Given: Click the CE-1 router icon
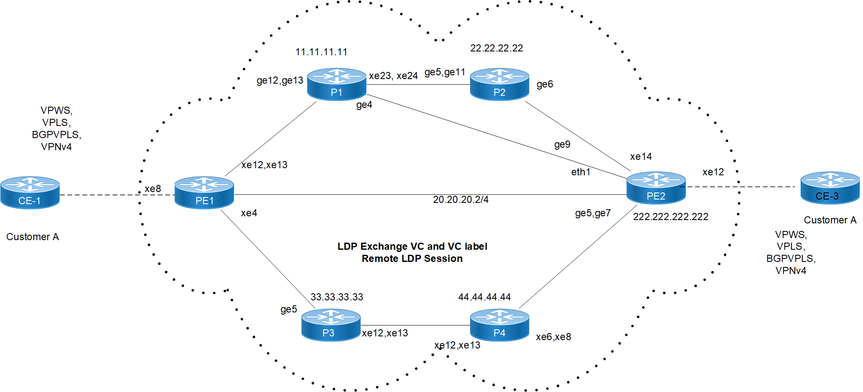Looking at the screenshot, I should (30, 192).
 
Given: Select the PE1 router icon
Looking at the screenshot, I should (204, 192).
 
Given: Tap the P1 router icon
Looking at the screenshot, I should (336, 84).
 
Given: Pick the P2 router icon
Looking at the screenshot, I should (499, 84).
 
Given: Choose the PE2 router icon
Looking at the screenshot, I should (656, 188).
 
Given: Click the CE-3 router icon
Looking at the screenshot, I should (830, 188).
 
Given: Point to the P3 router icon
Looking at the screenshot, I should (331, 325).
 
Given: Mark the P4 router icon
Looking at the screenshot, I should (499, 325).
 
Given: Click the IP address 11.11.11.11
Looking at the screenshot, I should (321, 52).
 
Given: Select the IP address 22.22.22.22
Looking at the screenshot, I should (496, 48).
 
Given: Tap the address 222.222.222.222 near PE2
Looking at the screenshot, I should (670, 217).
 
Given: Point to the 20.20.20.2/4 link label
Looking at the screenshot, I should (460, 200).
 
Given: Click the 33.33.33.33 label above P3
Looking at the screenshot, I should (336, 297).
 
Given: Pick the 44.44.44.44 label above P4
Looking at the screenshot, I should (484, 297).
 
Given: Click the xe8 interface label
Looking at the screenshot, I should (153, 189).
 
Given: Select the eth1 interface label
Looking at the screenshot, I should (580, 172).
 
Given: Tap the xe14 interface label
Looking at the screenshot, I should (641, 156).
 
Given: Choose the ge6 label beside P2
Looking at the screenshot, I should (545, 84).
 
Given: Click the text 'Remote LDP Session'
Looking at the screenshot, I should (412, 259).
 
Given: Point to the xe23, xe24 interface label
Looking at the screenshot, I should (393, 76).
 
